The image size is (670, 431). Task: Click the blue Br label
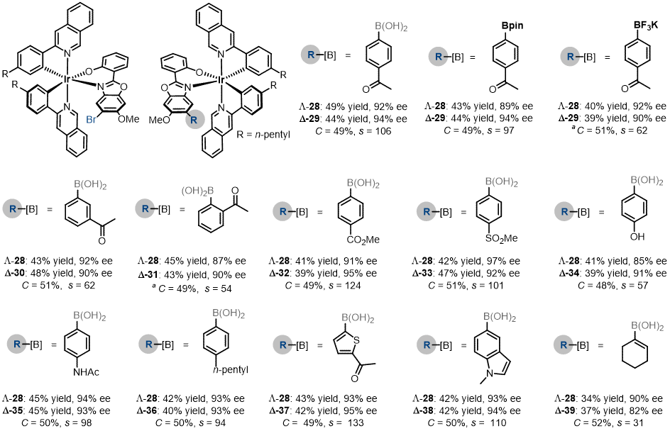(x=91, y=120)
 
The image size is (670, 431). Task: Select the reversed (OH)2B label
(x=197, y=191)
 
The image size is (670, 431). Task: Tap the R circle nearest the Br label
(x=194, y=120)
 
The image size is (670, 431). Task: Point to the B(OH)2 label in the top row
(x=391, y=27)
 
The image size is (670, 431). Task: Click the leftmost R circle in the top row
(x=310, y=55)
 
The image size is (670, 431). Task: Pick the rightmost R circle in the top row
(x=570, y=57)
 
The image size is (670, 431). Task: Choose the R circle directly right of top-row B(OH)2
(x=438, y=57)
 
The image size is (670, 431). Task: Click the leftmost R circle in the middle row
(x=12, y=209)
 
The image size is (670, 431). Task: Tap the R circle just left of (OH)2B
(x=145, y=208)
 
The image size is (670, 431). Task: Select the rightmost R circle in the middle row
(x=564, y=211)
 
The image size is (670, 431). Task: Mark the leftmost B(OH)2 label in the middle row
(x=90, y=185)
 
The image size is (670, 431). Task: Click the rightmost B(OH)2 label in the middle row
(x=647, y=181)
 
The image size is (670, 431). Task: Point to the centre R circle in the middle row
(x=282, y=211)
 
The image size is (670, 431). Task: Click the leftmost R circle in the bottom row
(x=16, y=344)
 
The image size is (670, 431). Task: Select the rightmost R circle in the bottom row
(x=563, y=345)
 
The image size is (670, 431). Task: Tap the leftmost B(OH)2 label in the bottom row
(x=89, y=316)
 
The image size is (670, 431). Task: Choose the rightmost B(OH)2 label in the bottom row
(x=647, y=326)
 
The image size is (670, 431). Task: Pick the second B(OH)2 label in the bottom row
(x=229, y=313)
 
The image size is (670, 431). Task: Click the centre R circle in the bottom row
(x=282, y=345)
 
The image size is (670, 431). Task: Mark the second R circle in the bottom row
(x=148, y=345)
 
